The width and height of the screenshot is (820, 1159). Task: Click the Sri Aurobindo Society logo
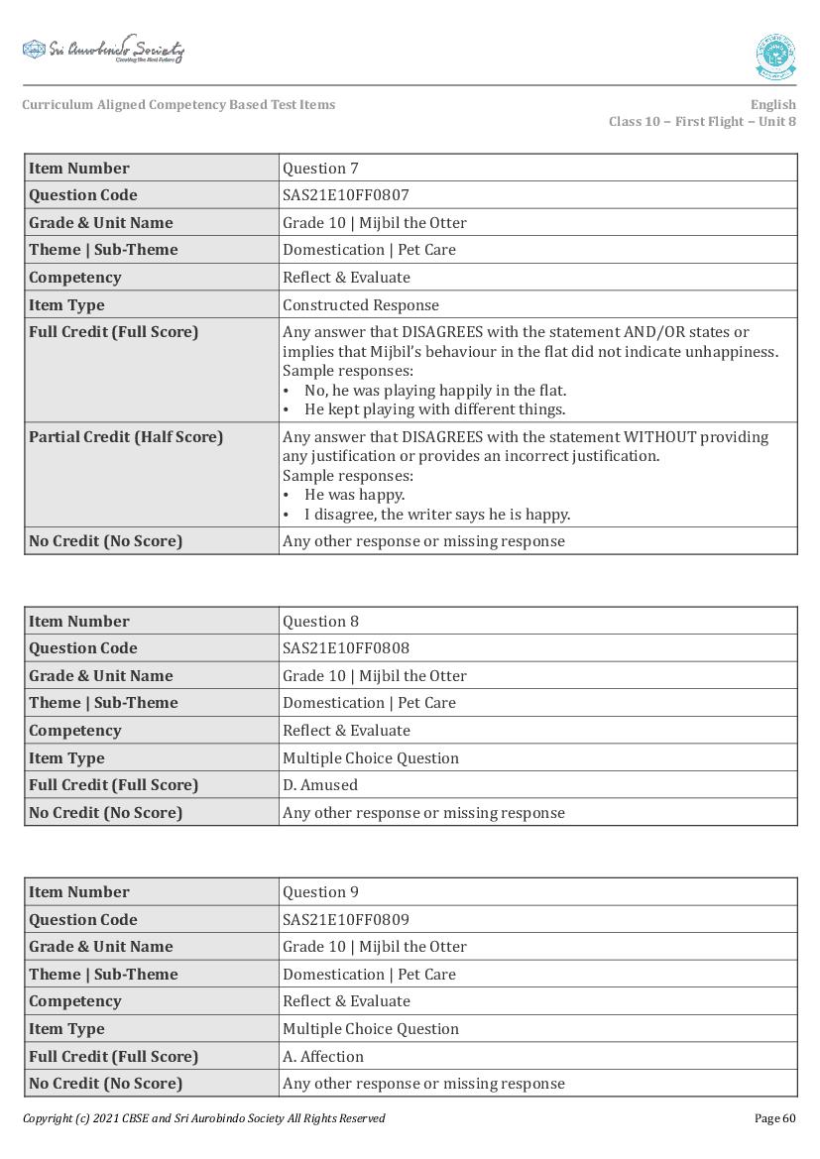pyautogui.click(x=103, y=50)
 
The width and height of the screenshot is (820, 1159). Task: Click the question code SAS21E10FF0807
pyautogui.click(x=346, y=195)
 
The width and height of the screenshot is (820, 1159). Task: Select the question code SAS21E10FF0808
pyautogui.click(x=346, y=648)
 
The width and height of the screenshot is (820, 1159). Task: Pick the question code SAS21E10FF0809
pyautogui.click(x=346, y=919)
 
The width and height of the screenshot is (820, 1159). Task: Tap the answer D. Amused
pyautogui.click(x=320, y=785)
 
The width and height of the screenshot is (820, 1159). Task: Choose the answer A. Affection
pyautogui.click(x=323, y=1056)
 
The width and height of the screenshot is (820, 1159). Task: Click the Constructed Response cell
pyautogui.click(x=361, y=305)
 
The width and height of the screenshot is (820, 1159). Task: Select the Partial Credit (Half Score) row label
pyautogui.click(x=126, y=437)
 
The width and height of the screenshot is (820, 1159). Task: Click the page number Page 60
pyautogui.click(x=775, y=1118)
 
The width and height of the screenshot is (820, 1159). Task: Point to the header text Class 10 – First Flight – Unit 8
pyautogui.click(x=702, y=122)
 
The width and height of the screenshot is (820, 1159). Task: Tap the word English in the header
pyautogui.click(x=772, y=105)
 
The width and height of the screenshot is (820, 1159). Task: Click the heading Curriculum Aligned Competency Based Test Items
pyautogui.click(x=178, y=105)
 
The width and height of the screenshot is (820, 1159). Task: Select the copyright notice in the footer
pyautogui.click(x=204, y=1118)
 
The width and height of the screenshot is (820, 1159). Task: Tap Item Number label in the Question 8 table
pyautogui.click(x=79, y=622)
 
